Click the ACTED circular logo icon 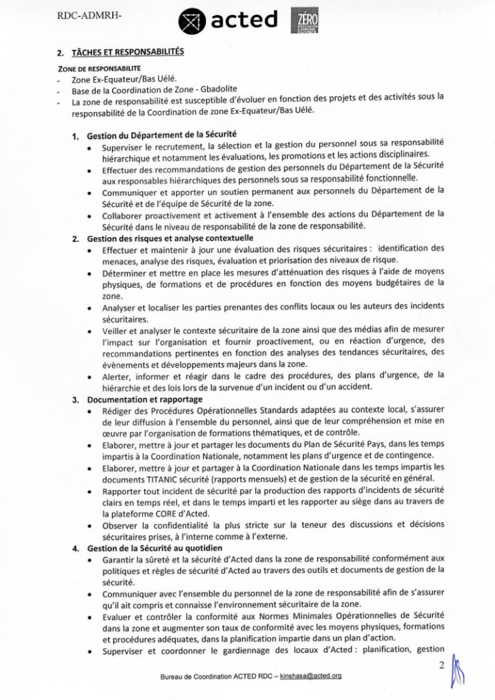pyautogui.click(x=192, y=22)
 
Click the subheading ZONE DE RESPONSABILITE pyautogui.click(x=98, y=68)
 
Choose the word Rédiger pyautogui.click(x=118, y=411)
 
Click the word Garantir pyautogui.click(x=120, y=560)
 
